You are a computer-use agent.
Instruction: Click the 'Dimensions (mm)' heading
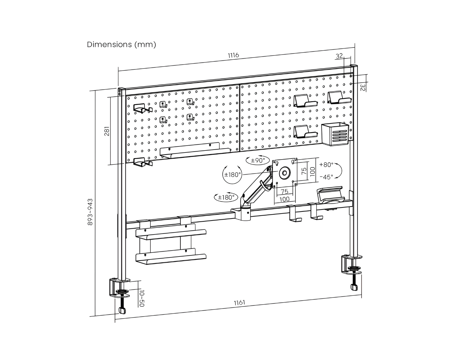tap(121, 45)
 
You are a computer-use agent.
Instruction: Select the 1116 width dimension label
tap(233, 55)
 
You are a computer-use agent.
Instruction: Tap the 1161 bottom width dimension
tap(239, 302)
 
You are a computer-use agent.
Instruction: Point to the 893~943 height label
tap(90, 212)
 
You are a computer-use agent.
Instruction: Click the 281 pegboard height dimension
tap(107, 131)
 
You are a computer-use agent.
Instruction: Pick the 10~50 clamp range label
tap(142, 298)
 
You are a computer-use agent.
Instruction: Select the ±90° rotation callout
tap(258, 160)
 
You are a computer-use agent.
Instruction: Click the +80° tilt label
tap(326, 165)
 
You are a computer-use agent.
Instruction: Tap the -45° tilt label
tap(326, 177)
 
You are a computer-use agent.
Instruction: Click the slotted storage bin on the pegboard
tap(335, 134)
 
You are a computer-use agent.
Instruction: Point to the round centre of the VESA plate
tap(284, 173)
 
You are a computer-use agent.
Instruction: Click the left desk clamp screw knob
tap(122, 310)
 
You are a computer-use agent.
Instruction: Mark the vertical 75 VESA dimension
tap(304, 171)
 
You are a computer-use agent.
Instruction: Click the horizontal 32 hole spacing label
tap(339, 56)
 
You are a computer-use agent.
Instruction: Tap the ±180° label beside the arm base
tap(226, 197)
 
